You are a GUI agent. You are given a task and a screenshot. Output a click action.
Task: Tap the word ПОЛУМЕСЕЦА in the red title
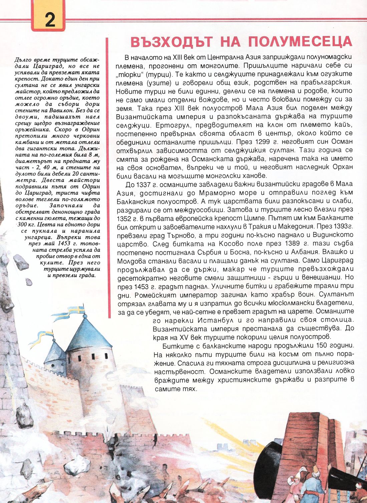point(300,42)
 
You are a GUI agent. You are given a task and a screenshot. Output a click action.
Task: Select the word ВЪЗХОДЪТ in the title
point(171,42)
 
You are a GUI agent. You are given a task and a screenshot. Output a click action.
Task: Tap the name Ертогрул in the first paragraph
point(130,125)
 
